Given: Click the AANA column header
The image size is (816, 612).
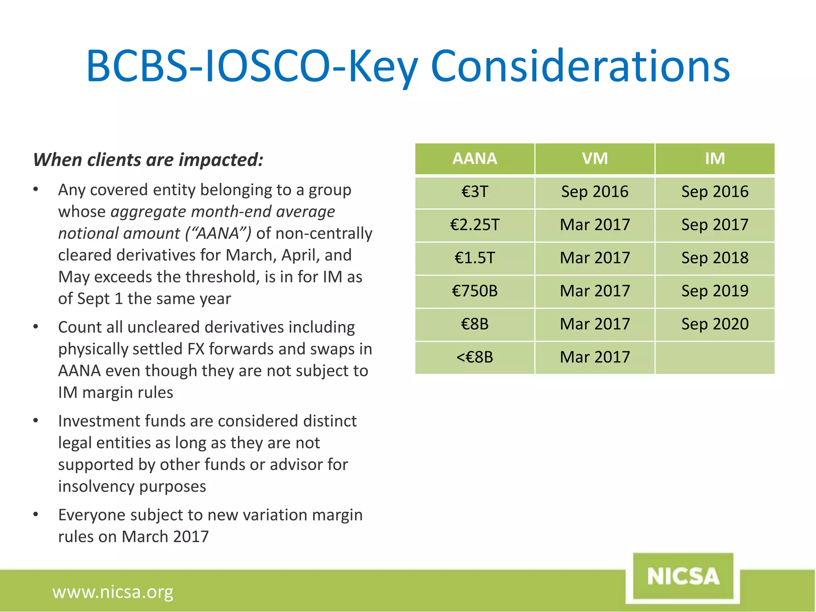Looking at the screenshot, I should pos(475,159).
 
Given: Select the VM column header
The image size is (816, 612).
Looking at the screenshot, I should pos(594,159).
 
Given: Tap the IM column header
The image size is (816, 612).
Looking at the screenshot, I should pos(715,159).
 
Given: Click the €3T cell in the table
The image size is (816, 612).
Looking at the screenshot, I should pos(475,192).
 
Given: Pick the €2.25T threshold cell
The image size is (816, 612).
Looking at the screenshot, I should pos(475,225).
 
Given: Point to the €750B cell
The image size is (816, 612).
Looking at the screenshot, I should pos(475,291).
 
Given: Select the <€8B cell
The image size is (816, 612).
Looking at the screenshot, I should pos(475,357).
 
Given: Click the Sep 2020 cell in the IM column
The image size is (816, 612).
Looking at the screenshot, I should pos(715,324).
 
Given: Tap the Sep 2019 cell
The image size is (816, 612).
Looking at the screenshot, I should pos(715,291).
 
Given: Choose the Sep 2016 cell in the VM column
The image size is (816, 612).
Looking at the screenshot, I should pos(594,192).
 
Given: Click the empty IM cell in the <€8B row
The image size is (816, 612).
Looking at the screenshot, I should pos(715,357).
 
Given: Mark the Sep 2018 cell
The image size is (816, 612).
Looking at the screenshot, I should pos(715,258).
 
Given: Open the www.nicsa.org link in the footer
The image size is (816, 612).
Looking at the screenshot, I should pos(113,592).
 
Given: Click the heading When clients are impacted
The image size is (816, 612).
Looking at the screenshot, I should pos(148,160).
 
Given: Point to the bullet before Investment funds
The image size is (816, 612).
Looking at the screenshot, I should pos(36,421).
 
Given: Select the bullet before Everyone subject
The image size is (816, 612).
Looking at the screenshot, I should pos(36,515).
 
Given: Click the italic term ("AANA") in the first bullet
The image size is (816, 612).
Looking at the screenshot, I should pos(218,233).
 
